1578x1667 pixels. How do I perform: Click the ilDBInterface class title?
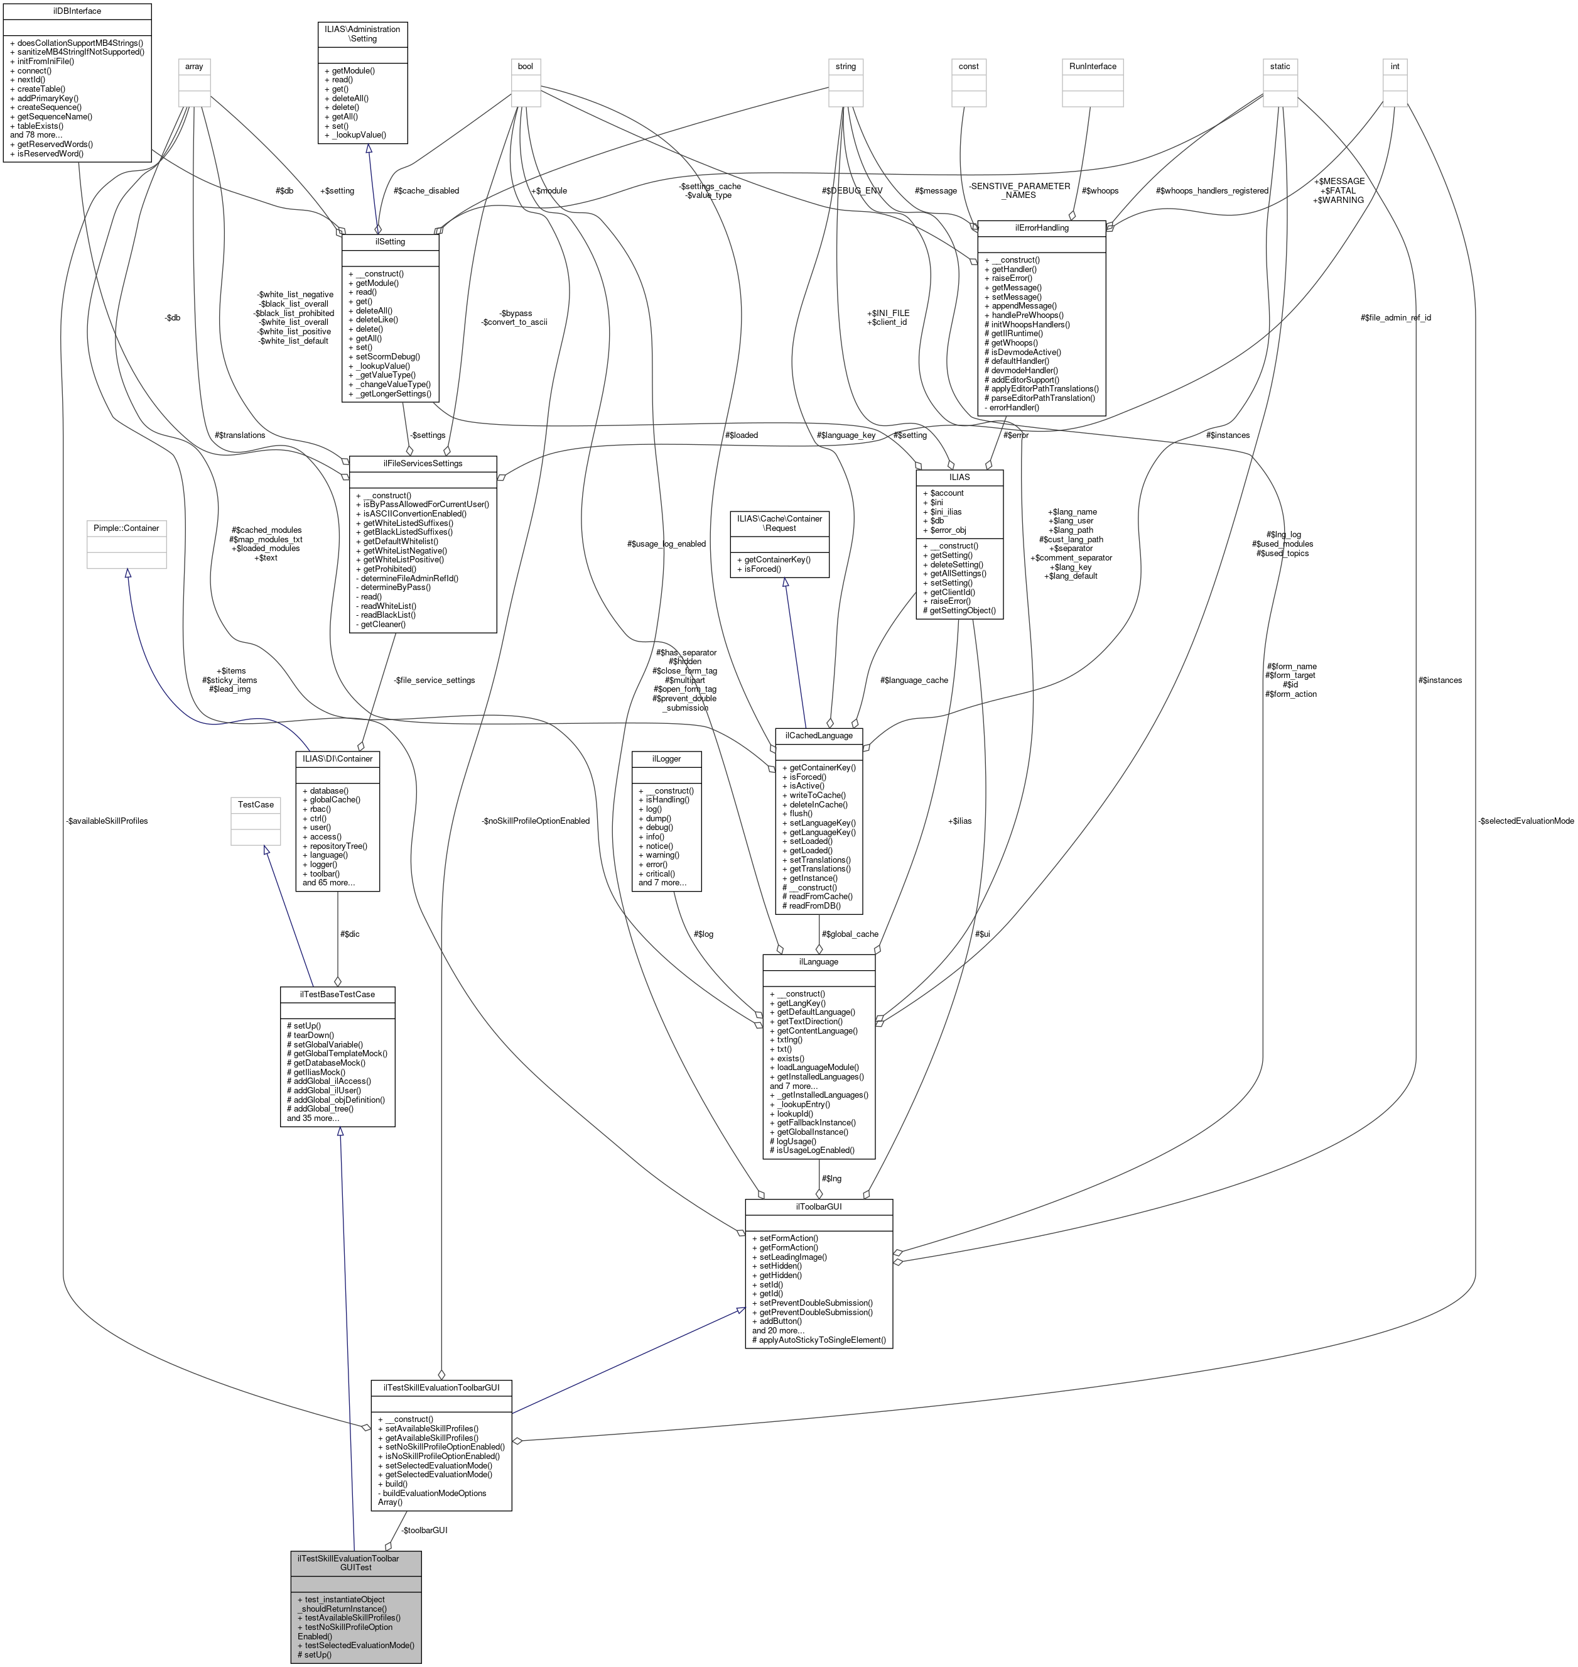tap(77, 11)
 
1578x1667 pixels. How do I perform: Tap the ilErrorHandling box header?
tap(1041, 228)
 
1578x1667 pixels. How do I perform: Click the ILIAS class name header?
tap(959, 476)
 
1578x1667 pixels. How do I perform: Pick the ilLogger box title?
tap(666, 758)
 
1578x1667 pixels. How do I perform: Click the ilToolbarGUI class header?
tap(818, 1206)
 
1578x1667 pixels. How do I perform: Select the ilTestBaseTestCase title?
tap(337, 994)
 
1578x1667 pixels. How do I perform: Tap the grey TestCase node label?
tap(256, 804)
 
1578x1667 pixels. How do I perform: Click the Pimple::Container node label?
tap(126, 528)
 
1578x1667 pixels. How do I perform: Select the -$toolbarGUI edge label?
tap(424, 1530)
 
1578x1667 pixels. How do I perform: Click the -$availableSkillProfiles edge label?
tap(106, 821)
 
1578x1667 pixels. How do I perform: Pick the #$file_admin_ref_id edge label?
tap(1395, 317)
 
